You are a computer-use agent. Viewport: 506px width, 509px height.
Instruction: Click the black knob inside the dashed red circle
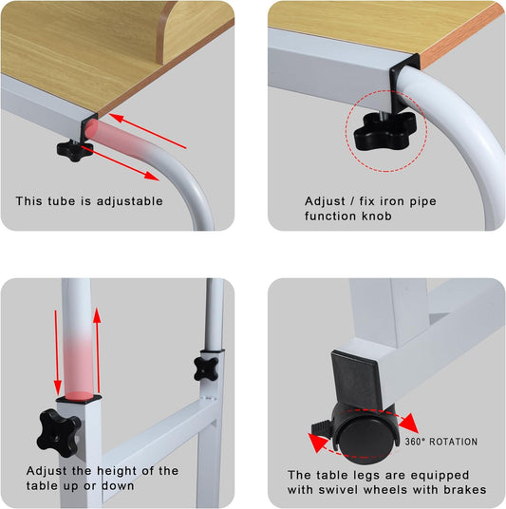pos(384,131)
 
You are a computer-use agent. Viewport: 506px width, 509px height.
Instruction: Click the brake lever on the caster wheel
pos(321,426)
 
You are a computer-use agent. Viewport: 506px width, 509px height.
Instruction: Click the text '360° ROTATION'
pos(441,442)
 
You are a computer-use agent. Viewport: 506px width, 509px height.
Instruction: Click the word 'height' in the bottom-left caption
pos(125,471)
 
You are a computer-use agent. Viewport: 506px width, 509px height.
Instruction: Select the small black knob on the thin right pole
pos(206,368)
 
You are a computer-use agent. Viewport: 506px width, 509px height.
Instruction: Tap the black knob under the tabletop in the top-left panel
pos(75,150)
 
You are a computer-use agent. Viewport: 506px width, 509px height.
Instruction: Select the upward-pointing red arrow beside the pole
pos(97,349)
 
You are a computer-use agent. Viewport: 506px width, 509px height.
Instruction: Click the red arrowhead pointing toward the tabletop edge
pos(116,118)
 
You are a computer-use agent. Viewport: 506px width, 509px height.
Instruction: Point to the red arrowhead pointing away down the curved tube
pos(152,176)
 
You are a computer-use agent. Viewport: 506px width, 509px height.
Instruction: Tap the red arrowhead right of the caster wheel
pos(408,423)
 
